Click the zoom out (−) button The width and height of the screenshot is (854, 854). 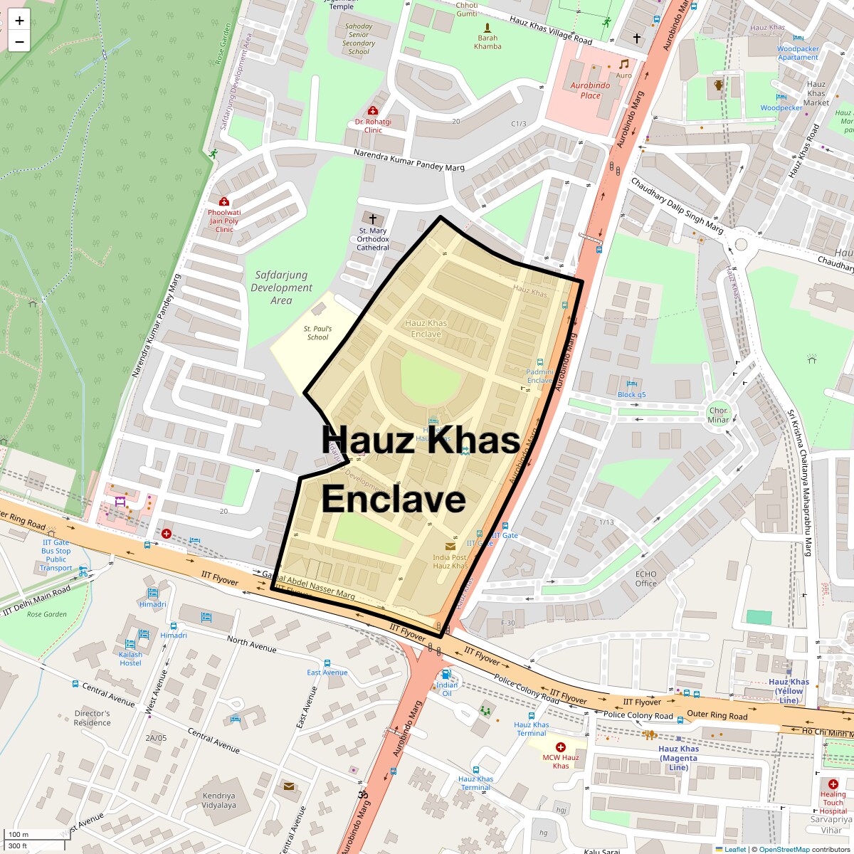point(19,42)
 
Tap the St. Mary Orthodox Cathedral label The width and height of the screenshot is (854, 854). point(373,239)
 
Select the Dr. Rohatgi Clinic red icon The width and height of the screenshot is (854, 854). point(372,110)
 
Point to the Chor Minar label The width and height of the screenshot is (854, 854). point(719,415)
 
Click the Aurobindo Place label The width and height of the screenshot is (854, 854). point(590,90)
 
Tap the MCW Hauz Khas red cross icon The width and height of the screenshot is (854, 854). point(561,747)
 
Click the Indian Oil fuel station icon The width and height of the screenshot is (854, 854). point(446,674)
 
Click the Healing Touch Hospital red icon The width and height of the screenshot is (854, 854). point(833,784)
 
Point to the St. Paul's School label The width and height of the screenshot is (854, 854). point(317,332)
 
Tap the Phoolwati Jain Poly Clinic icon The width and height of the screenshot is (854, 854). point(224,201)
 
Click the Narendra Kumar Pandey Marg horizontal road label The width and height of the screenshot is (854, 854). point(409,161)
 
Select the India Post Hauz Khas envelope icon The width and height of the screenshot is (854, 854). point(450,546)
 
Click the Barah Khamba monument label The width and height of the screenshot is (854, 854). point(488,42)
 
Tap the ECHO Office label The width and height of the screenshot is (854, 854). point(646,579)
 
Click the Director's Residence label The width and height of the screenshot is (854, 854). point(93,717)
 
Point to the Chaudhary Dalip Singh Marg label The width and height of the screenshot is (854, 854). point(677,206)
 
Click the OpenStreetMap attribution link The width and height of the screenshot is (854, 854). point(784,849)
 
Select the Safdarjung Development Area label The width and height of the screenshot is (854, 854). point(281,288)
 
